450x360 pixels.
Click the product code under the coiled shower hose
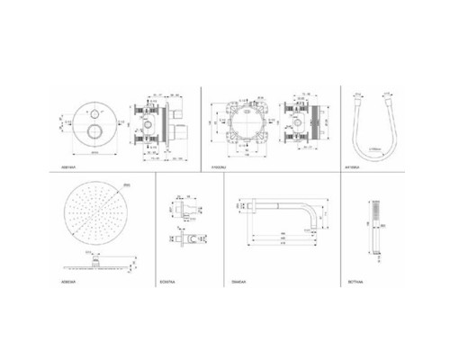tap(355, 168)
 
